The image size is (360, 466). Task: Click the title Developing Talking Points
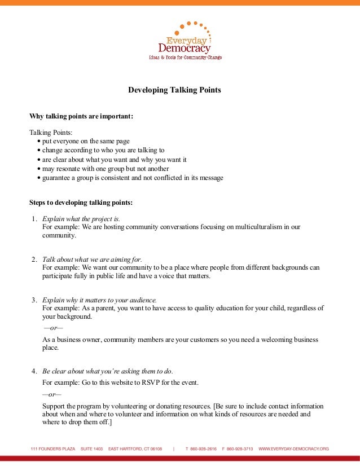(174, 90)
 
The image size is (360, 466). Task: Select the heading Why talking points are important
(81, 116)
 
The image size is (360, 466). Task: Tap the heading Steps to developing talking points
(81, 203)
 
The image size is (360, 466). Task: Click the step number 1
(34, 218)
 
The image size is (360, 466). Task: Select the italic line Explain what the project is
(81, 218)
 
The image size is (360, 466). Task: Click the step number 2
(34, 259)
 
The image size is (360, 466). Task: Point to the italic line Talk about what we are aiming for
(93, 259)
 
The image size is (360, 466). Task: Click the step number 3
(34, 300)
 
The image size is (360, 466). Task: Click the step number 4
(34, 371)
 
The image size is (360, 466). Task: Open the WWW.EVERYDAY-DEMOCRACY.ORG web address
(293, 449)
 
